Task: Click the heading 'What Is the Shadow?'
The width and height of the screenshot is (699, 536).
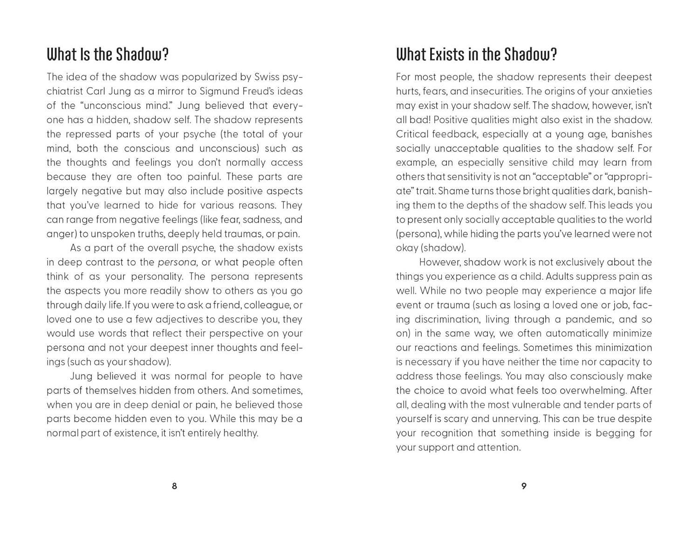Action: (107, 55)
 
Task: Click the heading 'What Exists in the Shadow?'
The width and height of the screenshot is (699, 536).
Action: (476, 55)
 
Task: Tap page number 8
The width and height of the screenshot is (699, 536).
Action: (174, 486)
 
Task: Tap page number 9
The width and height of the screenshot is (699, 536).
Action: (524, 486)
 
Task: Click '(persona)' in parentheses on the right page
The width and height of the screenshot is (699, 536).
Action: (418, 234)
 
